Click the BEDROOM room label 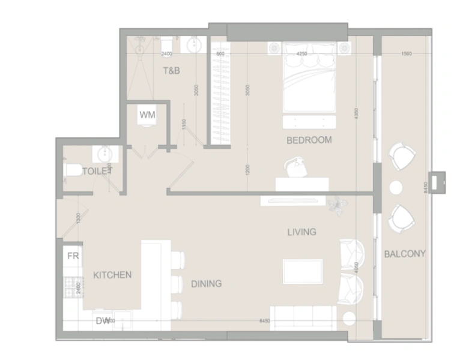(x=309, y=140)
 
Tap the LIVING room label (x=301, y=232)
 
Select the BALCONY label (x=404, y=254)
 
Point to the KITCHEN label (x=112, y=275)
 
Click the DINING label (x=206, y=283)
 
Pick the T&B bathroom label (x=172, y=71)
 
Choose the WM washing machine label (x=147, y=115)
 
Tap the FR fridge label (x=73, y=256)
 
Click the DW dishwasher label (x=103, y=321)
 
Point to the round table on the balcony (x=396, y=188)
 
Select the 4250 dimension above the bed (x=302, y=54)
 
